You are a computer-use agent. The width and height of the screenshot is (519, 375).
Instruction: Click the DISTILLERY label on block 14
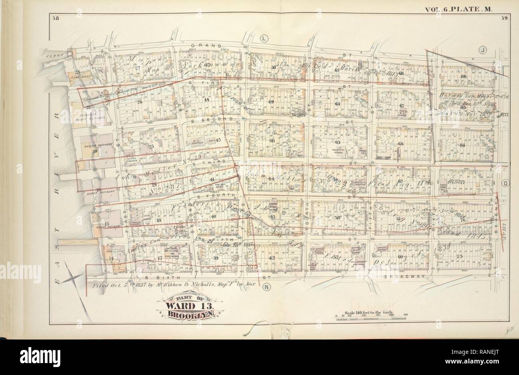coord(109,251)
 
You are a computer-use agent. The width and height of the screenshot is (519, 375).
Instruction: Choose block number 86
coord(464,77)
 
